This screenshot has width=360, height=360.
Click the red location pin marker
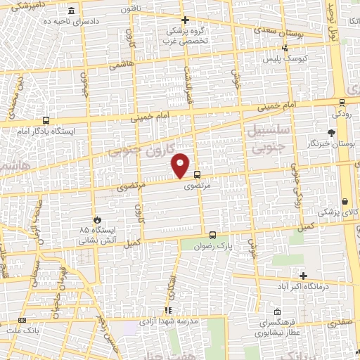pyautogui.click(x=181, y=165)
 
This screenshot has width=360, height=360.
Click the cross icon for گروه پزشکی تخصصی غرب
pyautogui.click(x=185, y=20)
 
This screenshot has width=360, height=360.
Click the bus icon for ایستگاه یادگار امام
pyautogui.click(x=46, y=120)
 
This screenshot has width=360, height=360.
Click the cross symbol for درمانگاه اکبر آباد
pyautogui.click(x=303, y=276)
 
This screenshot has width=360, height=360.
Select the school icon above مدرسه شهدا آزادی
pyautogui.click(x=167, y=310)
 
